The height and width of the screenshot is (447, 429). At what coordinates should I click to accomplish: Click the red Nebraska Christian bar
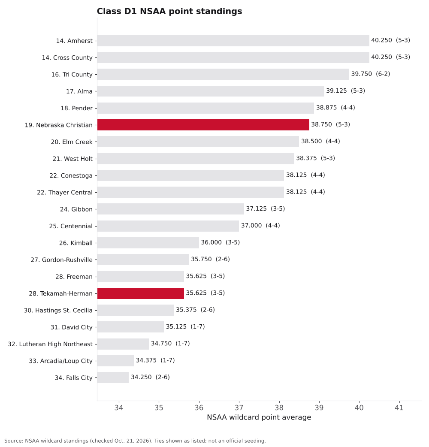[x=203, y=125]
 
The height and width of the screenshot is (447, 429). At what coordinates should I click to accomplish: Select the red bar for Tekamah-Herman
[x=141, y=293]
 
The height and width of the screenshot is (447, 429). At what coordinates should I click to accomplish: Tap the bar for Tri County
[x=223, y=74]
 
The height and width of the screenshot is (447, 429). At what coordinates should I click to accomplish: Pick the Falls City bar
[x=113, y=378]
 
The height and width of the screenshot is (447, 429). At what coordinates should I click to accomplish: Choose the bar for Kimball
[x=148, y=243]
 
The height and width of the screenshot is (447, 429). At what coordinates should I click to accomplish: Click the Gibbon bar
[x=171, y=209]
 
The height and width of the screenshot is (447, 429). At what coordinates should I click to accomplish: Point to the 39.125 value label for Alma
[x=337, y=91]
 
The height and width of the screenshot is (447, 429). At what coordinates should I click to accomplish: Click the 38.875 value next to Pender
[x=326, y=108]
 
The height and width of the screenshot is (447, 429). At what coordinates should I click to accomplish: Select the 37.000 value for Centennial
[x=251, y=226]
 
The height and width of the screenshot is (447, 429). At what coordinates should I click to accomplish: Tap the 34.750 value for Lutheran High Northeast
[x=161, y=344]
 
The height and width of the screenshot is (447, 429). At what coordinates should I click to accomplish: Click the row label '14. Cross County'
[x=67, y=57]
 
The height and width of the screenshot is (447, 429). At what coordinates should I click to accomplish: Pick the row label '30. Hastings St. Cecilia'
[x=58, y=310]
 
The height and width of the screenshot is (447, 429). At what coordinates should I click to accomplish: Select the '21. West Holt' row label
[x=73, y=159]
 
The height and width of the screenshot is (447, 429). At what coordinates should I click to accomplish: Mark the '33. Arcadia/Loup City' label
[x=61, y=361]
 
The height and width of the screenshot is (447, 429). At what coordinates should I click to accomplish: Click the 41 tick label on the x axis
[x=399, y=408]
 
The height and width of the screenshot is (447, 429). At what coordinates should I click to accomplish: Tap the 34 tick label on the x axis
[x=119, y=408]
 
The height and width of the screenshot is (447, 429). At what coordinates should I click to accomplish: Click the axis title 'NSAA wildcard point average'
[x=259, y=417]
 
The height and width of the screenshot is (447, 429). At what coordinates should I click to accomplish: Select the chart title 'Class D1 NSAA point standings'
[x=169, y=11]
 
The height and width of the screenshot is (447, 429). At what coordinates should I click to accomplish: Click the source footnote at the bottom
[x=135, y=441]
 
